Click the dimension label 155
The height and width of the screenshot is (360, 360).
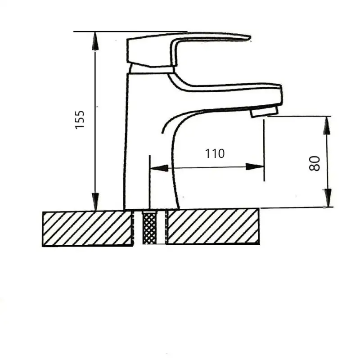click(x=80, y=120)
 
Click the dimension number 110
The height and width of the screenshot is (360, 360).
click(x=215, y=153)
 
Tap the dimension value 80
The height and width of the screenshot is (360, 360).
click(x=315, y=163)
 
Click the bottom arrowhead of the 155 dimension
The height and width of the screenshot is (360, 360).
click(x=95, y=201)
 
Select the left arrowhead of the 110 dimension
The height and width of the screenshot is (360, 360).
click(x=159, y=168)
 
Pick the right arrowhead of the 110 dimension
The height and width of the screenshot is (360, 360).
click(x=255, y=166)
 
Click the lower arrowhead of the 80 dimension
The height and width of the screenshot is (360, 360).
click(x=328, y=198)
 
